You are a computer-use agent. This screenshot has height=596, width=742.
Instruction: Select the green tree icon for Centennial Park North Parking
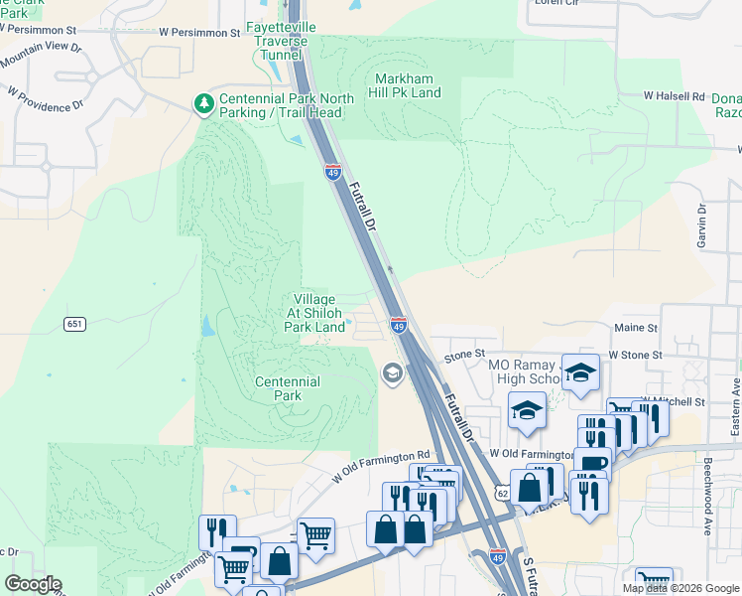coord(203,102)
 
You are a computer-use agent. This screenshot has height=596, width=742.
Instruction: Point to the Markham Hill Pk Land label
coord(408,85)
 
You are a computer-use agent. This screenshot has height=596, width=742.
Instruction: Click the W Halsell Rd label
coord(674,96)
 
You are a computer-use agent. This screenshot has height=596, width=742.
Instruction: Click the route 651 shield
coord(75,324)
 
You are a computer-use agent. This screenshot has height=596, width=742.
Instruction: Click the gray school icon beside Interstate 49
coord(392,372)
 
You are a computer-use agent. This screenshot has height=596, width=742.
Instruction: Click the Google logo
coord(34,584)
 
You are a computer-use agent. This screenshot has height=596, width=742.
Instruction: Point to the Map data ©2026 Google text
coord(680,588)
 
